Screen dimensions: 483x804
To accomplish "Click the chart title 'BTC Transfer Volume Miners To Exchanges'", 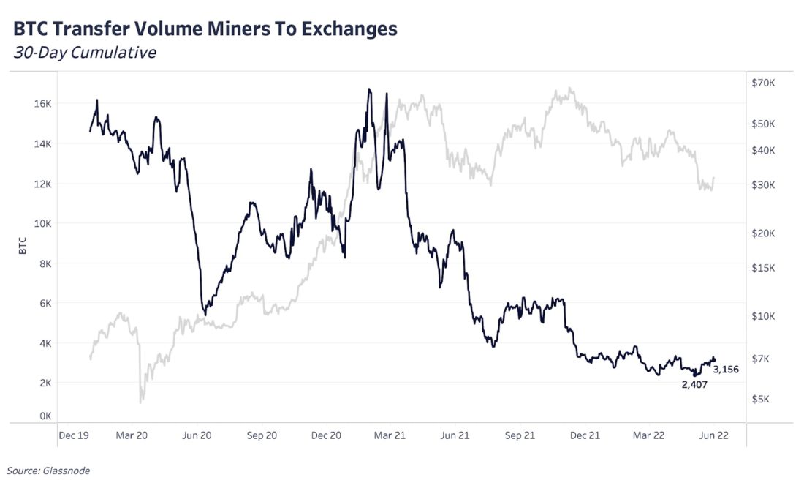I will tap(205, 29).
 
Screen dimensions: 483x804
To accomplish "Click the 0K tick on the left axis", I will tap(45, 416).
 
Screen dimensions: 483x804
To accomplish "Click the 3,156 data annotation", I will tap(726, 370).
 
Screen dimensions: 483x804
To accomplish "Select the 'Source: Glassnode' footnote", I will tap(48, 471).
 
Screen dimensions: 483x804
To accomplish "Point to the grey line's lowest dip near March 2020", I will tap(141, 402).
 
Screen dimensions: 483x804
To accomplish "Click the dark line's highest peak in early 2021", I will tap(370, 89).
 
